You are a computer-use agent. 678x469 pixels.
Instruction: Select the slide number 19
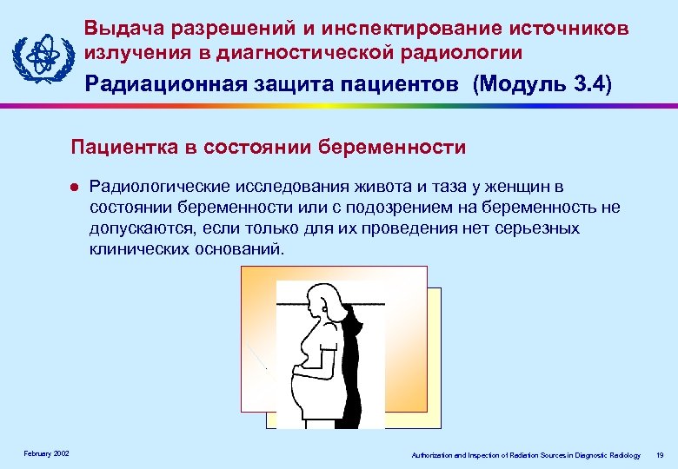[661, 454]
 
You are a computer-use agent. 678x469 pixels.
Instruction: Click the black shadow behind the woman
[354, 365]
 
